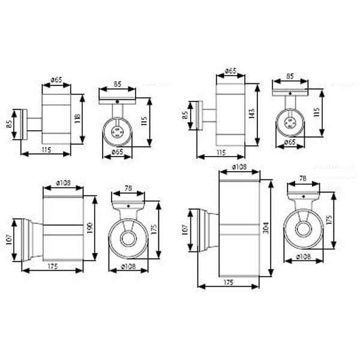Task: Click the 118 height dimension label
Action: [77, 118]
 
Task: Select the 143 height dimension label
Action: [252, 113]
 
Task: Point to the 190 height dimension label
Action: [90, 228]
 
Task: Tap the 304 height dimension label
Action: [266, 228]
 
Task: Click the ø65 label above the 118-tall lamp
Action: [56, 80]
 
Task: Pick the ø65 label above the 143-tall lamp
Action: [230, 71]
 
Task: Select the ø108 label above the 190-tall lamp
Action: [64, 183]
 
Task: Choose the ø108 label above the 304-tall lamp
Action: [239, 167]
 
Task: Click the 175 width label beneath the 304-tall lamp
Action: [228, 283]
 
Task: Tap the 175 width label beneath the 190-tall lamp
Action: [53, 266]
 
